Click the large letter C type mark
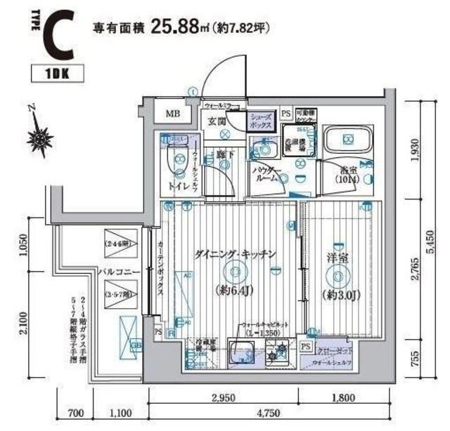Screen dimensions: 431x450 click(57, 37)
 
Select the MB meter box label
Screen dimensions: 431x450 click(172, 114)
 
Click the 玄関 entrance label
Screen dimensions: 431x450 click(216, 121)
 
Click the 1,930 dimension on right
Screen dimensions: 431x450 click(416, 148)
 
